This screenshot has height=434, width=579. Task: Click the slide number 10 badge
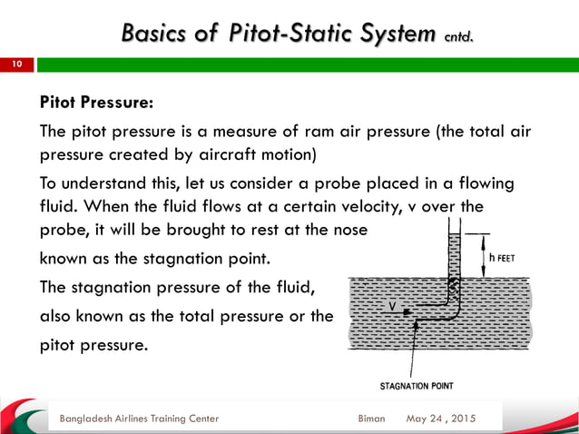[16, 65]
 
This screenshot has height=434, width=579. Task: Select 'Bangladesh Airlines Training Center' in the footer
[138, 419]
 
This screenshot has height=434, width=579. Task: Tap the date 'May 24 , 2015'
[442, 419]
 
